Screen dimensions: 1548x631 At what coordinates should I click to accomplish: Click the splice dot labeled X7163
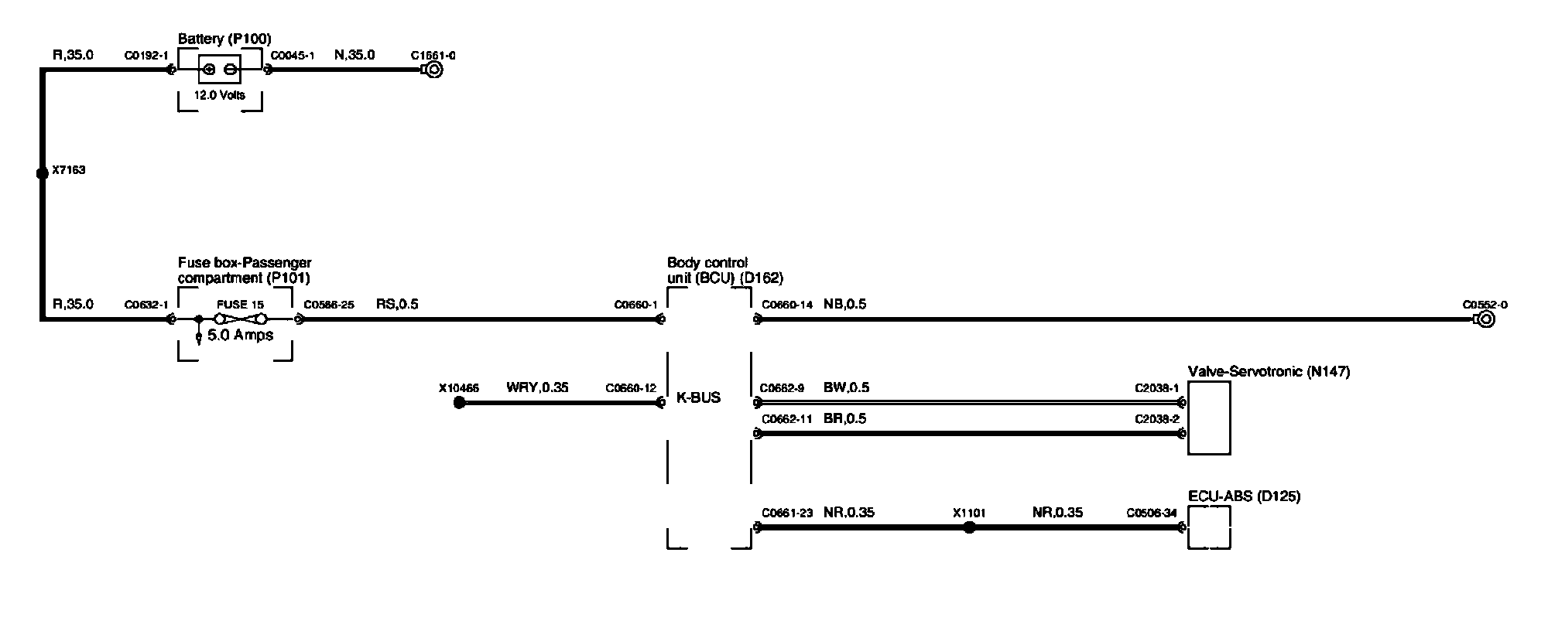pos(43,173)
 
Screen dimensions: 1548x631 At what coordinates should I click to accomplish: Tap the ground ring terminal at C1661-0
pos(434,70)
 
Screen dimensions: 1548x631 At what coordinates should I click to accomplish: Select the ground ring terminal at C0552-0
pos(1485,319)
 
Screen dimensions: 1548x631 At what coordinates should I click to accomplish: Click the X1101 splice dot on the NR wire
pos(968,527)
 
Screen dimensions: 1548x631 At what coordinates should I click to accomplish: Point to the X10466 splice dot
pos(459,403)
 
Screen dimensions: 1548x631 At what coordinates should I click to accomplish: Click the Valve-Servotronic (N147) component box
pos(1209,418)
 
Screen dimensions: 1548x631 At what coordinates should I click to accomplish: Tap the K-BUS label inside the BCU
pos(698,397)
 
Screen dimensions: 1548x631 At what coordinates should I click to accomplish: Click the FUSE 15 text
pos(240,305)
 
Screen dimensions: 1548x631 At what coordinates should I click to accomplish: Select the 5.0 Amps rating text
pos(240,336)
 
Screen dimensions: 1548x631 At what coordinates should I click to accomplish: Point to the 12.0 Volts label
pos(221,95)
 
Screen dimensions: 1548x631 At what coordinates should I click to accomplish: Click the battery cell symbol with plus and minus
pos(220,70)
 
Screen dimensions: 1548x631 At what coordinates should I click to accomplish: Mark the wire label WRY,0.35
pos(537,387)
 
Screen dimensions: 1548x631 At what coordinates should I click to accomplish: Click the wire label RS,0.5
pos(397,304)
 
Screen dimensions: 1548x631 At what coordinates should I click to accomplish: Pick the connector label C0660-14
pos(787,305)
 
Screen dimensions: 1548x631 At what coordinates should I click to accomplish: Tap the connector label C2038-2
pos(1156,419)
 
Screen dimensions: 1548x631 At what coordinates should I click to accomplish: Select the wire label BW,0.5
pos(846,387)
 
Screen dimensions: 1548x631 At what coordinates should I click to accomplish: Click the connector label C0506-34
pos(1152,512)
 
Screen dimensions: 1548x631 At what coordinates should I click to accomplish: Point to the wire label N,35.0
pos(354,55)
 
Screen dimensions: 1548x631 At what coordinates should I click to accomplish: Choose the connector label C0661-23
pos(787,512)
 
